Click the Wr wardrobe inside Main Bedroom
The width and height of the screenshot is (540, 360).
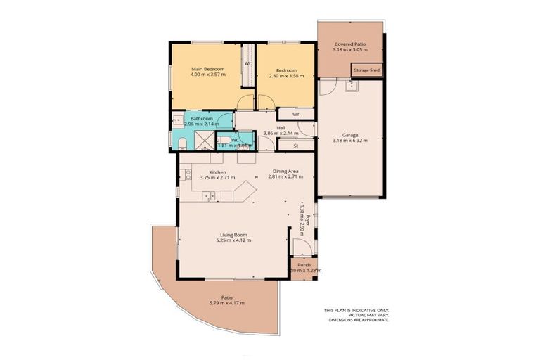[x=247, y=63]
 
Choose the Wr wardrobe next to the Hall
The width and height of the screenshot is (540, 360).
[x=295, y=114]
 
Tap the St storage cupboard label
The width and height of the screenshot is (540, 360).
[x=295, y=145]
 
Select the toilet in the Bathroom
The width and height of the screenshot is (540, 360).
[x=181, y=143]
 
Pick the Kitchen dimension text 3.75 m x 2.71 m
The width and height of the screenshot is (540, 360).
[x=217, y=178]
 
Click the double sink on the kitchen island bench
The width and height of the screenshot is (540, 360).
[x=208, y=195]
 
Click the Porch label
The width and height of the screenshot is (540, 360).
[x=304, y=265]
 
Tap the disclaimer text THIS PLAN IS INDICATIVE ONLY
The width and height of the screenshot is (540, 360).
[x=356, y=310]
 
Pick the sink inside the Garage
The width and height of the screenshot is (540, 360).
[x=352, y=86]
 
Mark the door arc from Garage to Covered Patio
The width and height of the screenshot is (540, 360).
[x=328, y=87]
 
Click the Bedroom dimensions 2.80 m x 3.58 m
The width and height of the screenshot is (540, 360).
[x=285, y=75]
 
